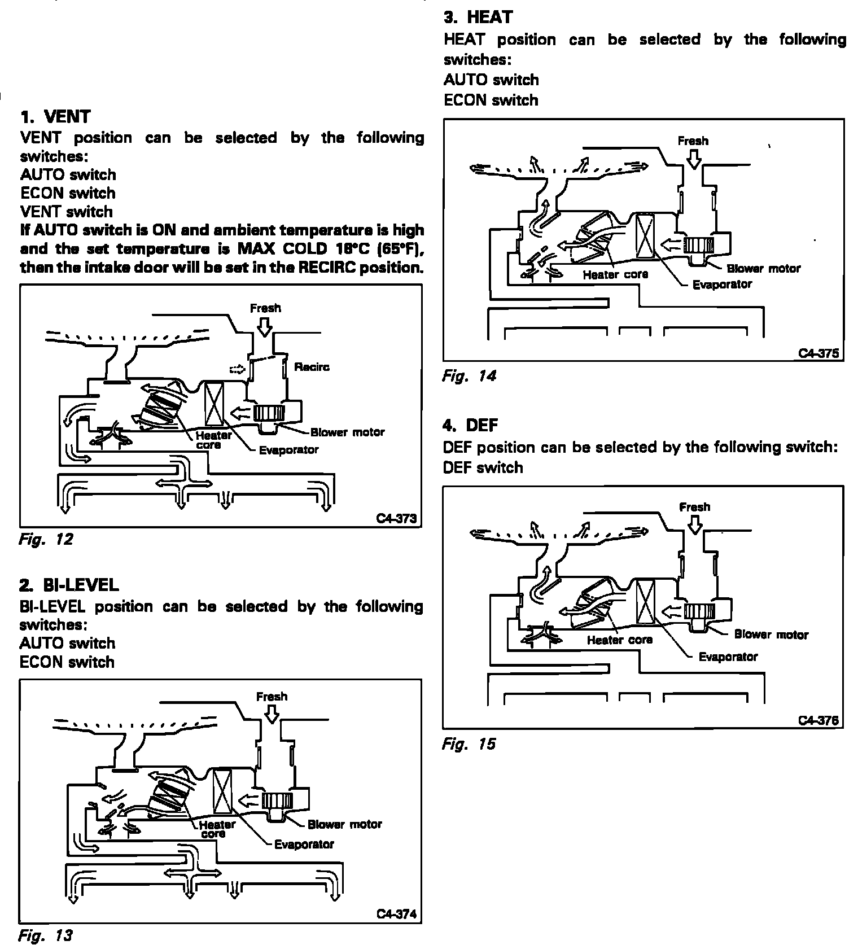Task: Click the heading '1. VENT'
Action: pyautogui.click(x=55, y=117)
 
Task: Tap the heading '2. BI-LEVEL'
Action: pyautogui.click(x=69, y=585)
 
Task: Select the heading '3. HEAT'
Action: pyautogui.click(x=478, y=17)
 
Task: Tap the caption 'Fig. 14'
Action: pyautogui.click(x=469, y=376)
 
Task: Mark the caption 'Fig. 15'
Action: pyautogui.click(x=469, y=744)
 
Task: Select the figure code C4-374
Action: pyautogui.click(x=397, y=915)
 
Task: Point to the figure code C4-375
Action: pyautogui.click(x=818, y=353)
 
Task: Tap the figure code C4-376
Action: pyautogui.click(x=818, y=720)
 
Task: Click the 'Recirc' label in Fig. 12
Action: pyautogui.click(x=312, y=367)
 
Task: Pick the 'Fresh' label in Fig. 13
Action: pyautogui.click(x=272, y=697)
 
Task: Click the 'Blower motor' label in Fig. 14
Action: pyautogui.click(x=764, y=269)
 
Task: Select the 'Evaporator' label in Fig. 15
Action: pyautogui.click(x=728, y=657)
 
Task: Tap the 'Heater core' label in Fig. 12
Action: pyautogui.click(x=213, y=440)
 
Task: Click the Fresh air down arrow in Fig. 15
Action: pyautogui.click(x=695, y=525)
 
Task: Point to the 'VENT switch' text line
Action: pyautogui.click(x=67, y=212)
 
